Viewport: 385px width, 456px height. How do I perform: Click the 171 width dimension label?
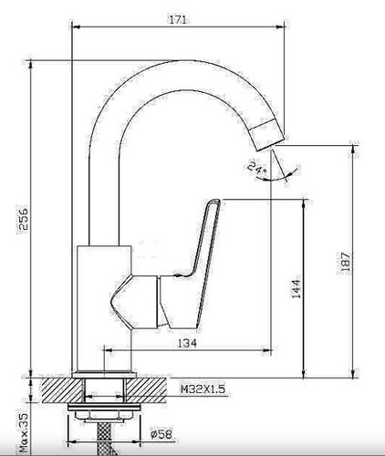coord(177,20)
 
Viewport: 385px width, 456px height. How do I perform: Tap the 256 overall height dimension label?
coord(23,219)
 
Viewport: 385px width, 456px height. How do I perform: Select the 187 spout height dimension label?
coord(346,262)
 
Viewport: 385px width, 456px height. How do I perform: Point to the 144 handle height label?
coord(297,289)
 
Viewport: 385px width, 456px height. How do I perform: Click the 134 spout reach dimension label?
coord(187,343)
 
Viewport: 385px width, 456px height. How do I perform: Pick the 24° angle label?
coord(257,168)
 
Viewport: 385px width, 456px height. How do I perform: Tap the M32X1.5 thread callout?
coord(203,389)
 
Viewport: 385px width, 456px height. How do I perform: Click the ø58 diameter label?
coord(161,434)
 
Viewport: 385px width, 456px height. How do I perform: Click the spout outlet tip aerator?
coord(267,135)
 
